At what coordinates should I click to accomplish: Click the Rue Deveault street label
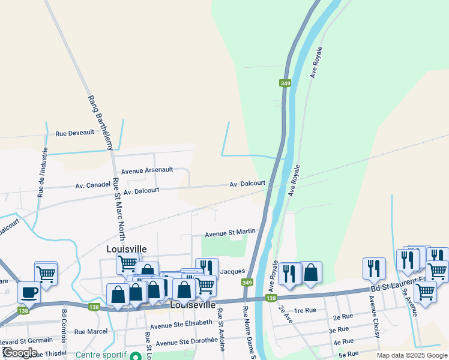click(74, 133)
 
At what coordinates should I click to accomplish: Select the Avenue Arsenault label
click(147, 171)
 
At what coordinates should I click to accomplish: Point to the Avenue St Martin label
click(231, 232)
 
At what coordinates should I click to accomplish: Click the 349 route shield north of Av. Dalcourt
click(285, 83)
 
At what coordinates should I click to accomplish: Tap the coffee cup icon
click(29, 292)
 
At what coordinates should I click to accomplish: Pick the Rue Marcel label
click(91, 331)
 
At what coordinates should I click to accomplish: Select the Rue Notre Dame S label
click(249, 333)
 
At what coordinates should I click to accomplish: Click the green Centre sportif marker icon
click(135, 355)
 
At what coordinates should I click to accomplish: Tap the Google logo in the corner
click(20, 353)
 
